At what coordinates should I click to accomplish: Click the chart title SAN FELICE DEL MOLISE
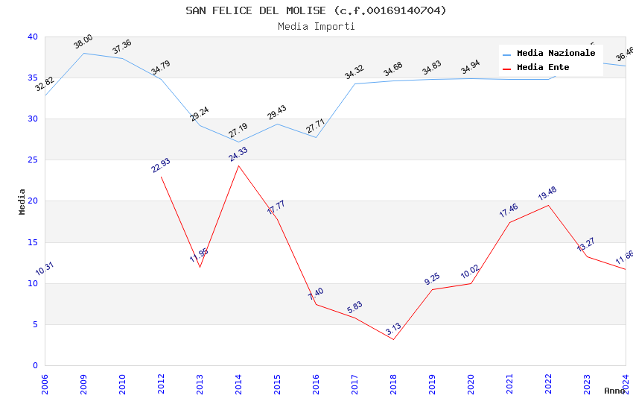tap(316, 10)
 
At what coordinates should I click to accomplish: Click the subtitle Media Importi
tap(316, 27)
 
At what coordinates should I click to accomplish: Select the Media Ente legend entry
tap(543, 68)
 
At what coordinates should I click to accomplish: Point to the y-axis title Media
tap(22, 201)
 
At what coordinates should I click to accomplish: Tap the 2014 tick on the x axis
tap(238, 381)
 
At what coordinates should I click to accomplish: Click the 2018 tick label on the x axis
tap(393, 381)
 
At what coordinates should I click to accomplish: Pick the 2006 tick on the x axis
tap(45, 381)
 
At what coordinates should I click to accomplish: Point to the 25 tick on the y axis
tap(33, 160)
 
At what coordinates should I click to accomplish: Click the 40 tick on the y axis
tap(33, 37)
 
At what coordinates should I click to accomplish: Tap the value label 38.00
tap(83, 42)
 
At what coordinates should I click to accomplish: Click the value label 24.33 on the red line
tap(238, 154)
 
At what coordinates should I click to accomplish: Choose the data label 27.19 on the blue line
tap(238, 131)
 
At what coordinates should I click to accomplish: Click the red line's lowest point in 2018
tap(393, 340)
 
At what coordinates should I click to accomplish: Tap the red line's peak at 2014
tap(238, 165)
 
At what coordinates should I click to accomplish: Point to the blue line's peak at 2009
tap(83, 53)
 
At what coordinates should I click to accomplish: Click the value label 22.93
tap(161, 165)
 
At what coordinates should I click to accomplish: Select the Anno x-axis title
tap(614, 391)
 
